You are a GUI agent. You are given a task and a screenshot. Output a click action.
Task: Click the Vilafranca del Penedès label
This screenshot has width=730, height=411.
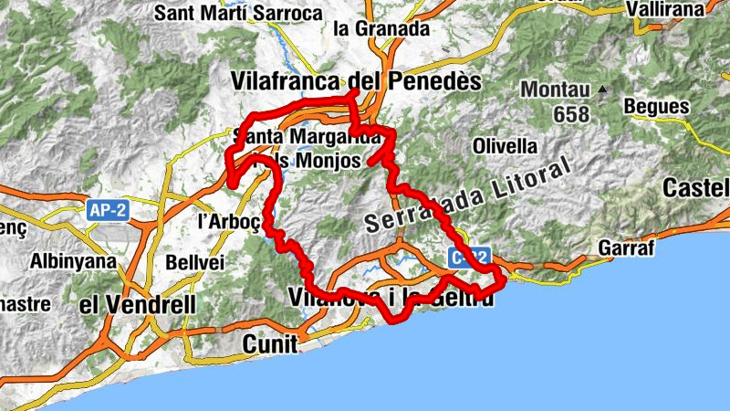357,80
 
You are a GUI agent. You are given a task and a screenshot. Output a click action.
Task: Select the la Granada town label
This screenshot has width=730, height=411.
381,28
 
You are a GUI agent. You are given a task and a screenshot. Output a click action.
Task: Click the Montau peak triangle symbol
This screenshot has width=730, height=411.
602,90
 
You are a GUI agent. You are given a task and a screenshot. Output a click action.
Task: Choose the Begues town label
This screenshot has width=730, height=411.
656,107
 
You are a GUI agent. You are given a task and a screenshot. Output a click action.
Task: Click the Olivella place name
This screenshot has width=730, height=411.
505,146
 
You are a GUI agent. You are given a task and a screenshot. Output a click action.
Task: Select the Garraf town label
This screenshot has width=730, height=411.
623,248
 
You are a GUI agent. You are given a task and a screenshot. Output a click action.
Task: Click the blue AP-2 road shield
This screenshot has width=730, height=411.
108,210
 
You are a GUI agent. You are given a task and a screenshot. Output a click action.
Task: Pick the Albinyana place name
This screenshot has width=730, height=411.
73,261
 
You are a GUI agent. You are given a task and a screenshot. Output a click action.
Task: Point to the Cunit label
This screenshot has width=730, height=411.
271,343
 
